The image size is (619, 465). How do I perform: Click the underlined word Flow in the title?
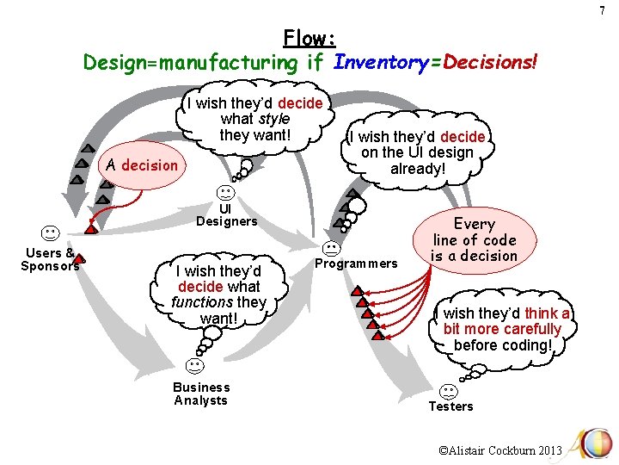tap(309, 38)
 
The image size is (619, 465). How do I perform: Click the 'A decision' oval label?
tap(140, 165)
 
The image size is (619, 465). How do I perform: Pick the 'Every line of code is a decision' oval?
tap(475, 240)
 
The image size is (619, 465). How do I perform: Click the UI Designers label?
tap(226, 214)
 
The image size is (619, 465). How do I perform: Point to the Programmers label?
tap(357, 263)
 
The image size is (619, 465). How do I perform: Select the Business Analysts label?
tap(201, 394)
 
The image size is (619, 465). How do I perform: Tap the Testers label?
tap(450, 406)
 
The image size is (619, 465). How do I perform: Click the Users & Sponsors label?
tap(50, 259)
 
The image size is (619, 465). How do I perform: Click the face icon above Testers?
tap(449, 391)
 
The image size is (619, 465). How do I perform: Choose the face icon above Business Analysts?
tap(195, 367)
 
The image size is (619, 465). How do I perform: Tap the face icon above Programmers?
tap(330, 249)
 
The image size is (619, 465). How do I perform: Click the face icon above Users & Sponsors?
tap(50, 233)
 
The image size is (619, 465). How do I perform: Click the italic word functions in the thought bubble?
tap(203, 302)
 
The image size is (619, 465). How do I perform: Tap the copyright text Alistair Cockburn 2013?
tap(499, 450)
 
